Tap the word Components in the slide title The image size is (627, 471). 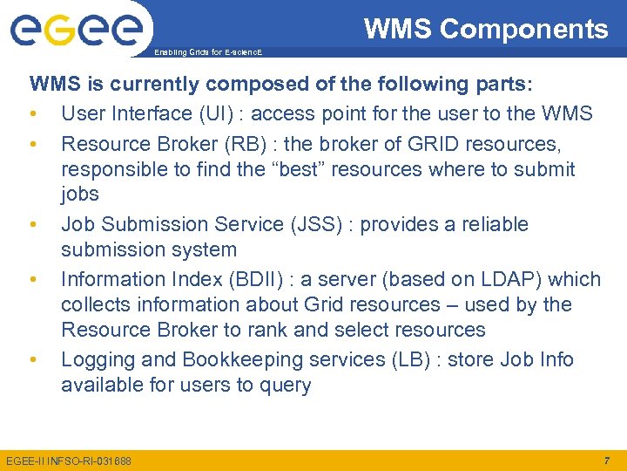coord(524,30)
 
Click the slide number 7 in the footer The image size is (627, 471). coord(606,460)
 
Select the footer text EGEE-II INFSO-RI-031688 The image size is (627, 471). coord(69,461)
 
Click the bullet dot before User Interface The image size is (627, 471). coord(32,114)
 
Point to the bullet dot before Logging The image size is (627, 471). coord(32,360)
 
